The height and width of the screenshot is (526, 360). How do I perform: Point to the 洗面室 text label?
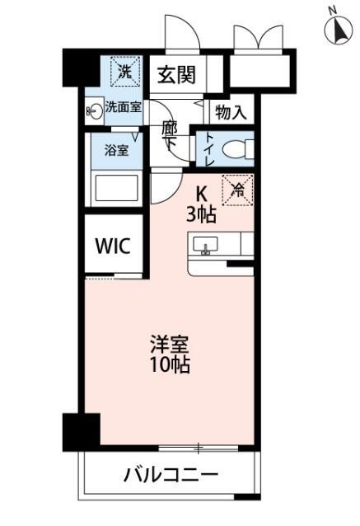coord(124,107)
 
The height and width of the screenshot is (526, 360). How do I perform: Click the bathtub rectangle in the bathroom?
coord(117,187)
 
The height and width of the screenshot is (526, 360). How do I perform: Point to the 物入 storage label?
coord(231,111)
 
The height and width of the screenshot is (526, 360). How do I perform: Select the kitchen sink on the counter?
coord(205,244)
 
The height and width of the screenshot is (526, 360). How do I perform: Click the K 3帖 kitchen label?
coord(203,204)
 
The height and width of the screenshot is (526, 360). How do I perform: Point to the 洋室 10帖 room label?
coord(169,353)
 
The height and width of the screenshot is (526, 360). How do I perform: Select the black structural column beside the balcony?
coord(81,430)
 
